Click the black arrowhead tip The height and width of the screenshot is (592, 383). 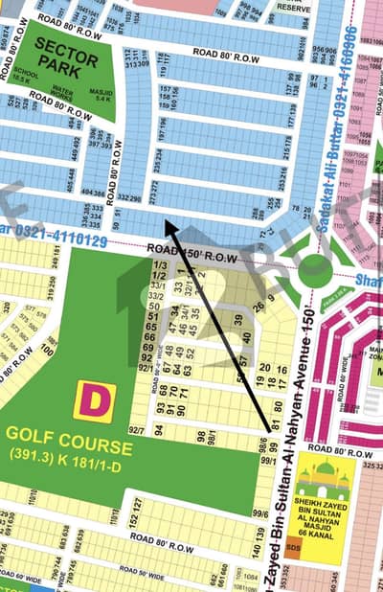tap(165, 221)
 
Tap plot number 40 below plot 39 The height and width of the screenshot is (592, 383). tap(247, 338)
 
